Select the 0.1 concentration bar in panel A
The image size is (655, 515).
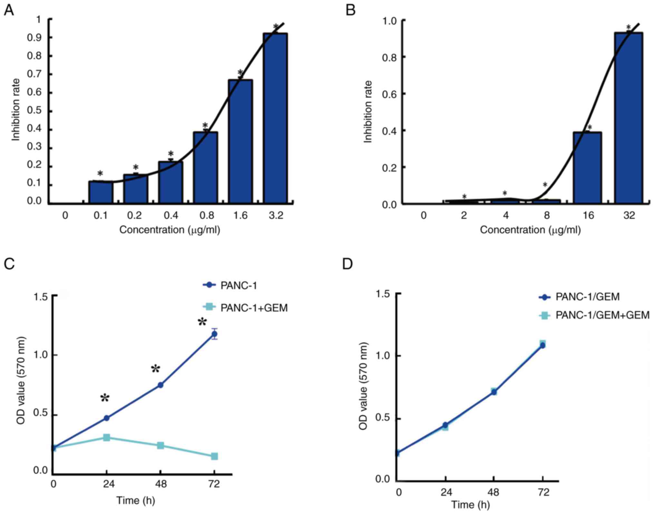(x=101, y=192)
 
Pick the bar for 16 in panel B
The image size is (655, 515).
(x=587, y=168)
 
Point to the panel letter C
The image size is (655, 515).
(x=9, y=264)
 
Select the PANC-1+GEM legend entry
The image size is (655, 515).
(x=254, y=308)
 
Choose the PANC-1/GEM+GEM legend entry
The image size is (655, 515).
(x=602, y=315)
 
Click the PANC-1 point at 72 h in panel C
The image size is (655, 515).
(x=214, y=334)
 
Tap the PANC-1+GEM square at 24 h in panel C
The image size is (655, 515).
(x=107, y=438)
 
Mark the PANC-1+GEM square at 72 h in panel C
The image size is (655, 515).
(x=214, y=456)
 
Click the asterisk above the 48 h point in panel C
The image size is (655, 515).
(x=156, y=369)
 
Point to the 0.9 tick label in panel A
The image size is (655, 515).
(x=34, y=38)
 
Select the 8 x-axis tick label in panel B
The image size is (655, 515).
(x=547, y=215)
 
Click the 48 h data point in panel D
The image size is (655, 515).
(x=494, y=392)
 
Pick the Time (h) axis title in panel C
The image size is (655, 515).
(x=135, y=500)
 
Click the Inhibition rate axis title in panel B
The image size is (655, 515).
(x=368, y=112)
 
